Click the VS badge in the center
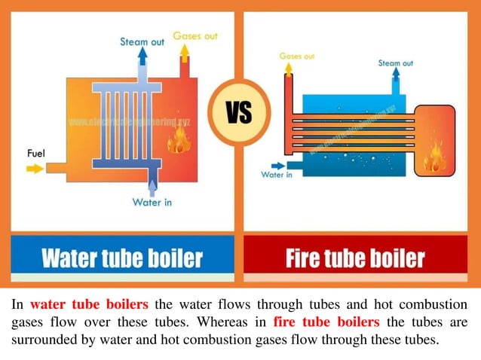click(240, 114)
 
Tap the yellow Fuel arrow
click(35, 168)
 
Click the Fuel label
click(36, 154)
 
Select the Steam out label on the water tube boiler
click(142, 42)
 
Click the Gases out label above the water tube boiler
click(195, 35)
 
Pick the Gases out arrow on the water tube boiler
click(184, 52)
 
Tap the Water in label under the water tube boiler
click(153, 202)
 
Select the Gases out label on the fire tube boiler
click(296, 56)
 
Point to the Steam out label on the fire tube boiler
click(396, 63)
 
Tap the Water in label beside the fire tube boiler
click(277, 175)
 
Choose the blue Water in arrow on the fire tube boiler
click(277, 164)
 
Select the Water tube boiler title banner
click(122, 259)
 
